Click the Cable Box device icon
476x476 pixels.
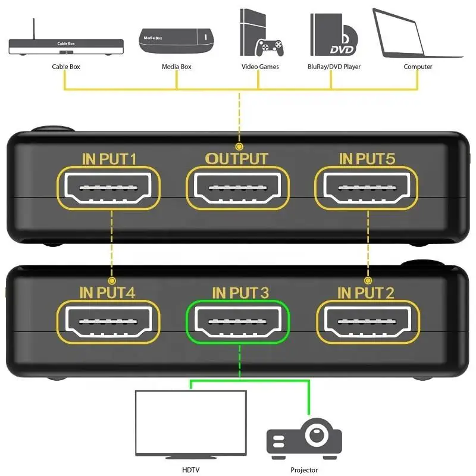(x=65, y=44)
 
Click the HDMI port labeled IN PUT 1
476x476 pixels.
(x=109, y=187)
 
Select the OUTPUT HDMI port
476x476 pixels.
(x=237, y=187)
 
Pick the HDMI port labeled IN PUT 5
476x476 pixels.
(x=366, y=187)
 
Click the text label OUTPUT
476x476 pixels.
(x=237, y=159)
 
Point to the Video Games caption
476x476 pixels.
(x=260, y=67)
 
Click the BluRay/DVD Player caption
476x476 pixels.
(x=334, y=67)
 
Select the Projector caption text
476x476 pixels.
(x=304, y=470)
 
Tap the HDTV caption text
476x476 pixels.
(x=190, y=470)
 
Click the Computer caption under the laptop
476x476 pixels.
(x=418, y=67)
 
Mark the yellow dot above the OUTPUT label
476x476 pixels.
(x=239, y=146)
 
